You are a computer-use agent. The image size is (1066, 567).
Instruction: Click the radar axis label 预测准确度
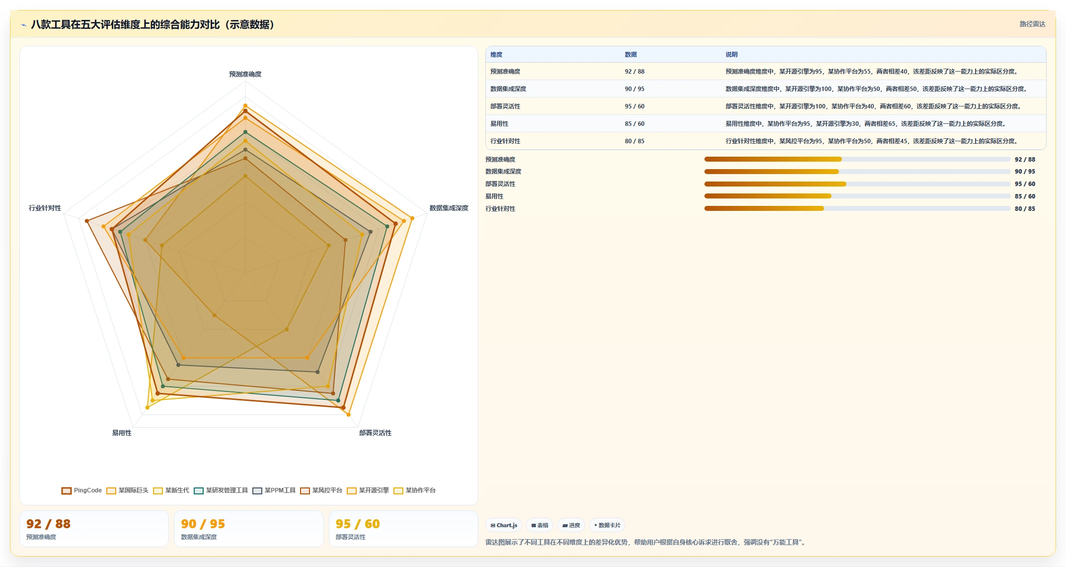coord(245,74)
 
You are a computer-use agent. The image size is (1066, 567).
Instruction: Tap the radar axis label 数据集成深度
coord(449,208)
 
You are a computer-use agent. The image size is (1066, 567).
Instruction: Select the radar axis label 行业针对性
coord(45,208)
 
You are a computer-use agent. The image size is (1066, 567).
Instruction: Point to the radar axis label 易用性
coord(122,433)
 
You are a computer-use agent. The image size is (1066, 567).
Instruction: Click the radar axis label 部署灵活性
coord(375,433)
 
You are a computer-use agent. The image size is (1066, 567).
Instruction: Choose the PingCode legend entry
coord(81,490)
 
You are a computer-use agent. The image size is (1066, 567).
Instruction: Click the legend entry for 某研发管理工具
coord(221,490)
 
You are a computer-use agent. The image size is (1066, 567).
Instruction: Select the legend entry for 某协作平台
coord(414,490)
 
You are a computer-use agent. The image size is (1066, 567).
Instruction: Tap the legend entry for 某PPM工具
coord(274,490)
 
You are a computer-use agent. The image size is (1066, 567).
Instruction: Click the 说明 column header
coord(731,55)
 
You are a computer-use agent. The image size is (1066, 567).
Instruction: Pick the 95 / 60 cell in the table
coord(634,106)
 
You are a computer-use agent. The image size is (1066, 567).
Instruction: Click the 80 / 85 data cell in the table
coord(634,141)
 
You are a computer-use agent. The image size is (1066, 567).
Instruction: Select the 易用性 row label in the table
coord(499,124)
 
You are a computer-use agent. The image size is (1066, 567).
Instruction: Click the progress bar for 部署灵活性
coord(857,184)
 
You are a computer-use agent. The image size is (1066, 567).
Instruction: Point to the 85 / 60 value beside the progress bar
coord(1025,196)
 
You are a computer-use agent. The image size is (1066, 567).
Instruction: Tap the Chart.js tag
coord(504,525)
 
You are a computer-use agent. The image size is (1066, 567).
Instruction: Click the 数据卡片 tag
coord(607,525)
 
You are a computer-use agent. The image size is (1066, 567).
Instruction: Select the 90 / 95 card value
coord(203,524)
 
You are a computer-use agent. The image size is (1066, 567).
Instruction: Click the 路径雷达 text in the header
coord(1032,24)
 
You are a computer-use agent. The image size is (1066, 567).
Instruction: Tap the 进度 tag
coord(571,525)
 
